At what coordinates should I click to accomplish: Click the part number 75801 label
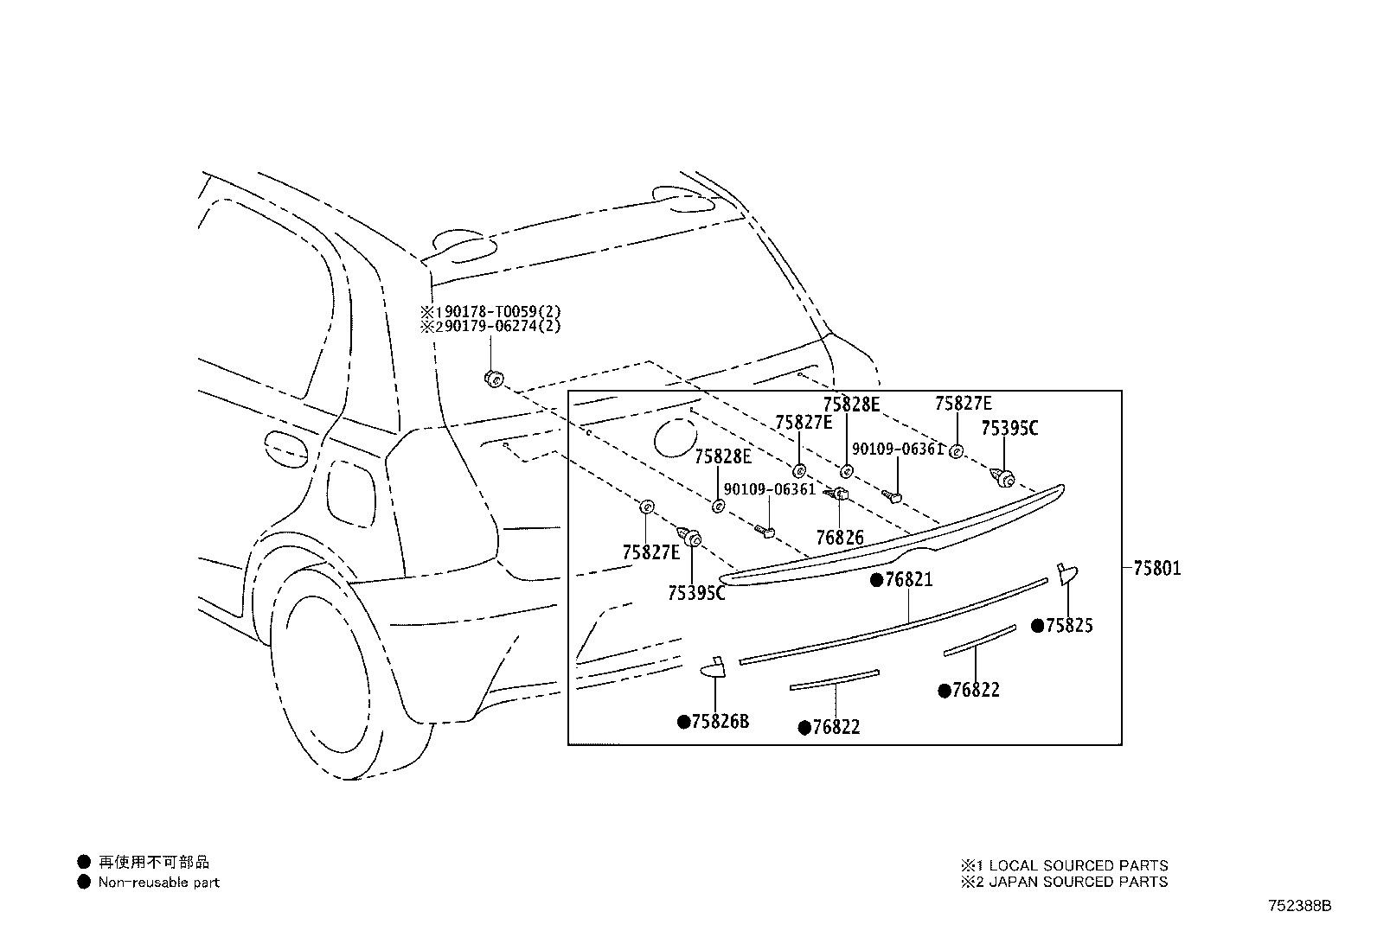(x=1157, y=569)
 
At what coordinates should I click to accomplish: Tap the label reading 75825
(x=1070, y=626)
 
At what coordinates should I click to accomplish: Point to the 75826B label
(x=721, y=722)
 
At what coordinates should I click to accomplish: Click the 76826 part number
(x=840, y=538)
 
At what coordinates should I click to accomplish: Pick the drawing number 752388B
(x=1299, y=906)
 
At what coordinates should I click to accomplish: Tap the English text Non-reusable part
(x=158, y=883)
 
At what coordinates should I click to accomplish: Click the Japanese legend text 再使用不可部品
(x=154, y=862)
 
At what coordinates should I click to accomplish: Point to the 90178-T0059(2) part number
(x=498, y=311)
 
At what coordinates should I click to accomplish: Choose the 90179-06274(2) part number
(x=498, y=326)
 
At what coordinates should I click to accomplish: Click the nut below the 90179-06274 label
(x=494, y=379)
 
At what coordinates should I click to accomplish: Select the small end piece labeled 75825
(x=1067, y=573)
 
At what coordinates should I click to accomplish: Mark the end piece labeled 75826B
(x=714, y=667)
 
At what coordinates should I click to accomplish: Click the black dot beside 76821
(x=877, y=579)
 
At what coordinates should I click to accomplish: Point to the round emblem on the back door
(x=676, y=437)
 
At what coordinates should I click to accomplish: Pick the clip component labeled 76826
(x=838, y=493)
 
